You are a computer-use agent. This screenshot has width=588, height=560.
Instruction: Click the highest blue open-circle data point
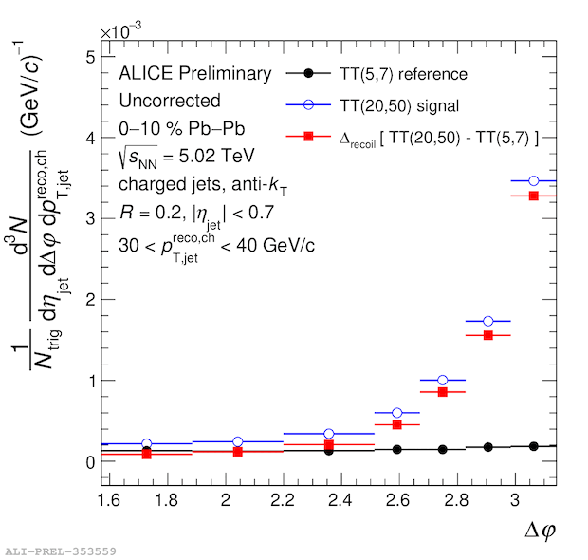(534, 180)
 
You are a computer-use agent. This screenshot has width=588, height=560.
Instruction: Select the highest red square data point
(534, 196)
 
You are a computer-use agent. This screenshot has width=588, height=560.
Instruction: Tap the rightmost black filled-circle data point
(534, 446)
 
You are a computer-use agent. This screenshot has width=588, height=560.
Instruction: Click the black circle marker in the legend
(309, 73)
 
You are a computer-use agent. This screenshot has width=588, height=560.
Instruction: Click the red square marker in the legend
(309, 138)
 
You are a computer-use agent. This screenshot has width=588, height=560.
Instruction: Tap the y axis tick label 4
(89, 138)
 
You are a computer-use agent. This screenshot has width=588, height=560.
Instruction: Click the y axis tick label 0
(89, 462)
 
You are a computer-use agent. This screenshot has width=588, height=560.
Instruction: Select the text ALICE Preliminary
(195, 74)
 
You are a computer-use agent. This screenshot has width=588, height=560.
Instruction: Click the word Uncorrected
(170, 101)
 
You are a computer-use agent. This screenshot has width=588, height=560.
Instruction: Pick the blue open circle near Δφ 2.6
(397, 413)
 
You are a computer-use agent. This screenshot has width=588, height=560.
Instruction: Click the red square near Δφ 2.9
(488, 335)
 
